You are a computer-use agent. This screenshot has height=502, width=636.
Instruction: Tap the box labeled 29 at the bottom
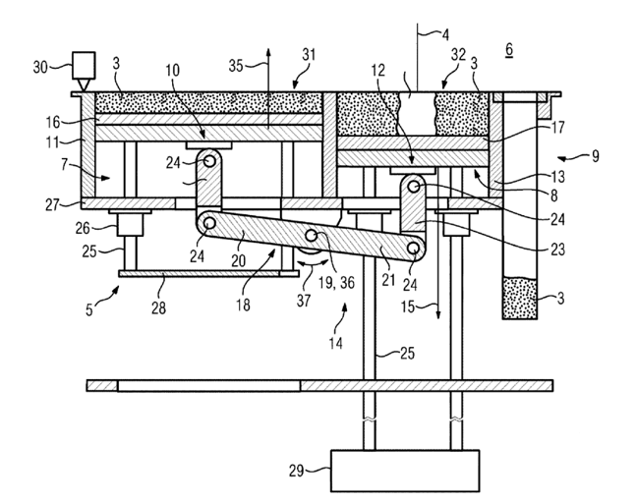(406, 471)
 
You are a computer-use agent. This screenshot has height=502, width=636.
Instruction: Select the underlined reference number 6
(510, 49)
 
